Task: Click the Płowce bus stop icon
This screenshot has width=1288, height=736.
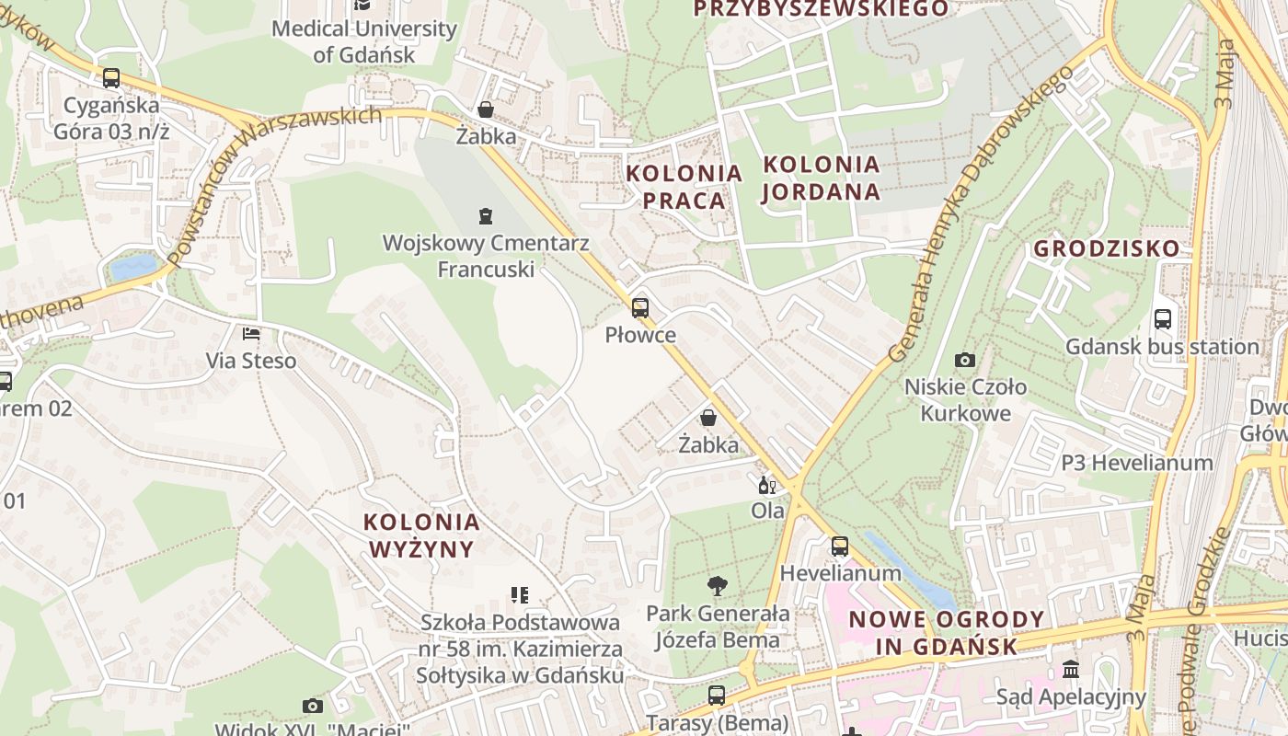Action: (x=639, y=308)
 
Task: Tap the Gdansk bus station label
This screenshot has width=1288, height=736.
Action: (x=1162, y=347)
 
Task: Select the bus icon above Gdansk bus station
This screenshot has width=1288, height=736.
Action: (x=1163, y=319)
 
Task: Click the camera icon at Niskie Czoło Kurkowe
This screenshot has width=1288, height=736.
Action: (x=964, y=360)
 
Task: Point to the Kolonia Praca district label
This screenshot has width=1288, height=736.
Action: (x=684, y=187)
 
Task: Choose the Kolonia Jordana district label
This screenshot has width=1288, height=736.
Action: (x=822, y=178)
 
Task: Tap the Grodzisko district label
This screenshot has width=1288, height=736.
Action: (x=1106, y=248)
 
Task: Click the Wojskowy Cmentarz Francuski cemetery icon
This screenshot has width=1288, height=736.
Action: (x=485, y=216)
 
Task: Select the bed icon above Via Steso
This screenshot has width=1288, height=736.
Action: (x=250, y=333)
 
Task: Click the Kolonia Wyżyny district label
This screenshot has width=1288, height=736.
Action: (x=421, y=535)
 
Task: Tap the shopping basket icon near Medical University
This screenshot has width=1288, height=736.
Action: (x=486, y=109)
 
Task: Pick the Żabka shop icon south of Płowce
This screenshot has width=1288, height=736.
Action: (x=708, y=418)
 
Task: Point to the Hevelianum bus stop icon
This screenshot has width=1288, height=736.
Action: (x=839, y=546)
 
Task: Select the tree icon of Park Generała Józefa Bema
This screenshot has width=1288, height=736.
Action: (x=717, y=586)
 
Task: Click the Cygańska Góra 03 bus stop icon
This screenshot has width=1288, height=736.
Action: (x=111, y=78)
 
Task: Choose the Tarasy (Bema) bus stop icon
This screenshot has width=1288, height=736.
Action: (x=717, y=696)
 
